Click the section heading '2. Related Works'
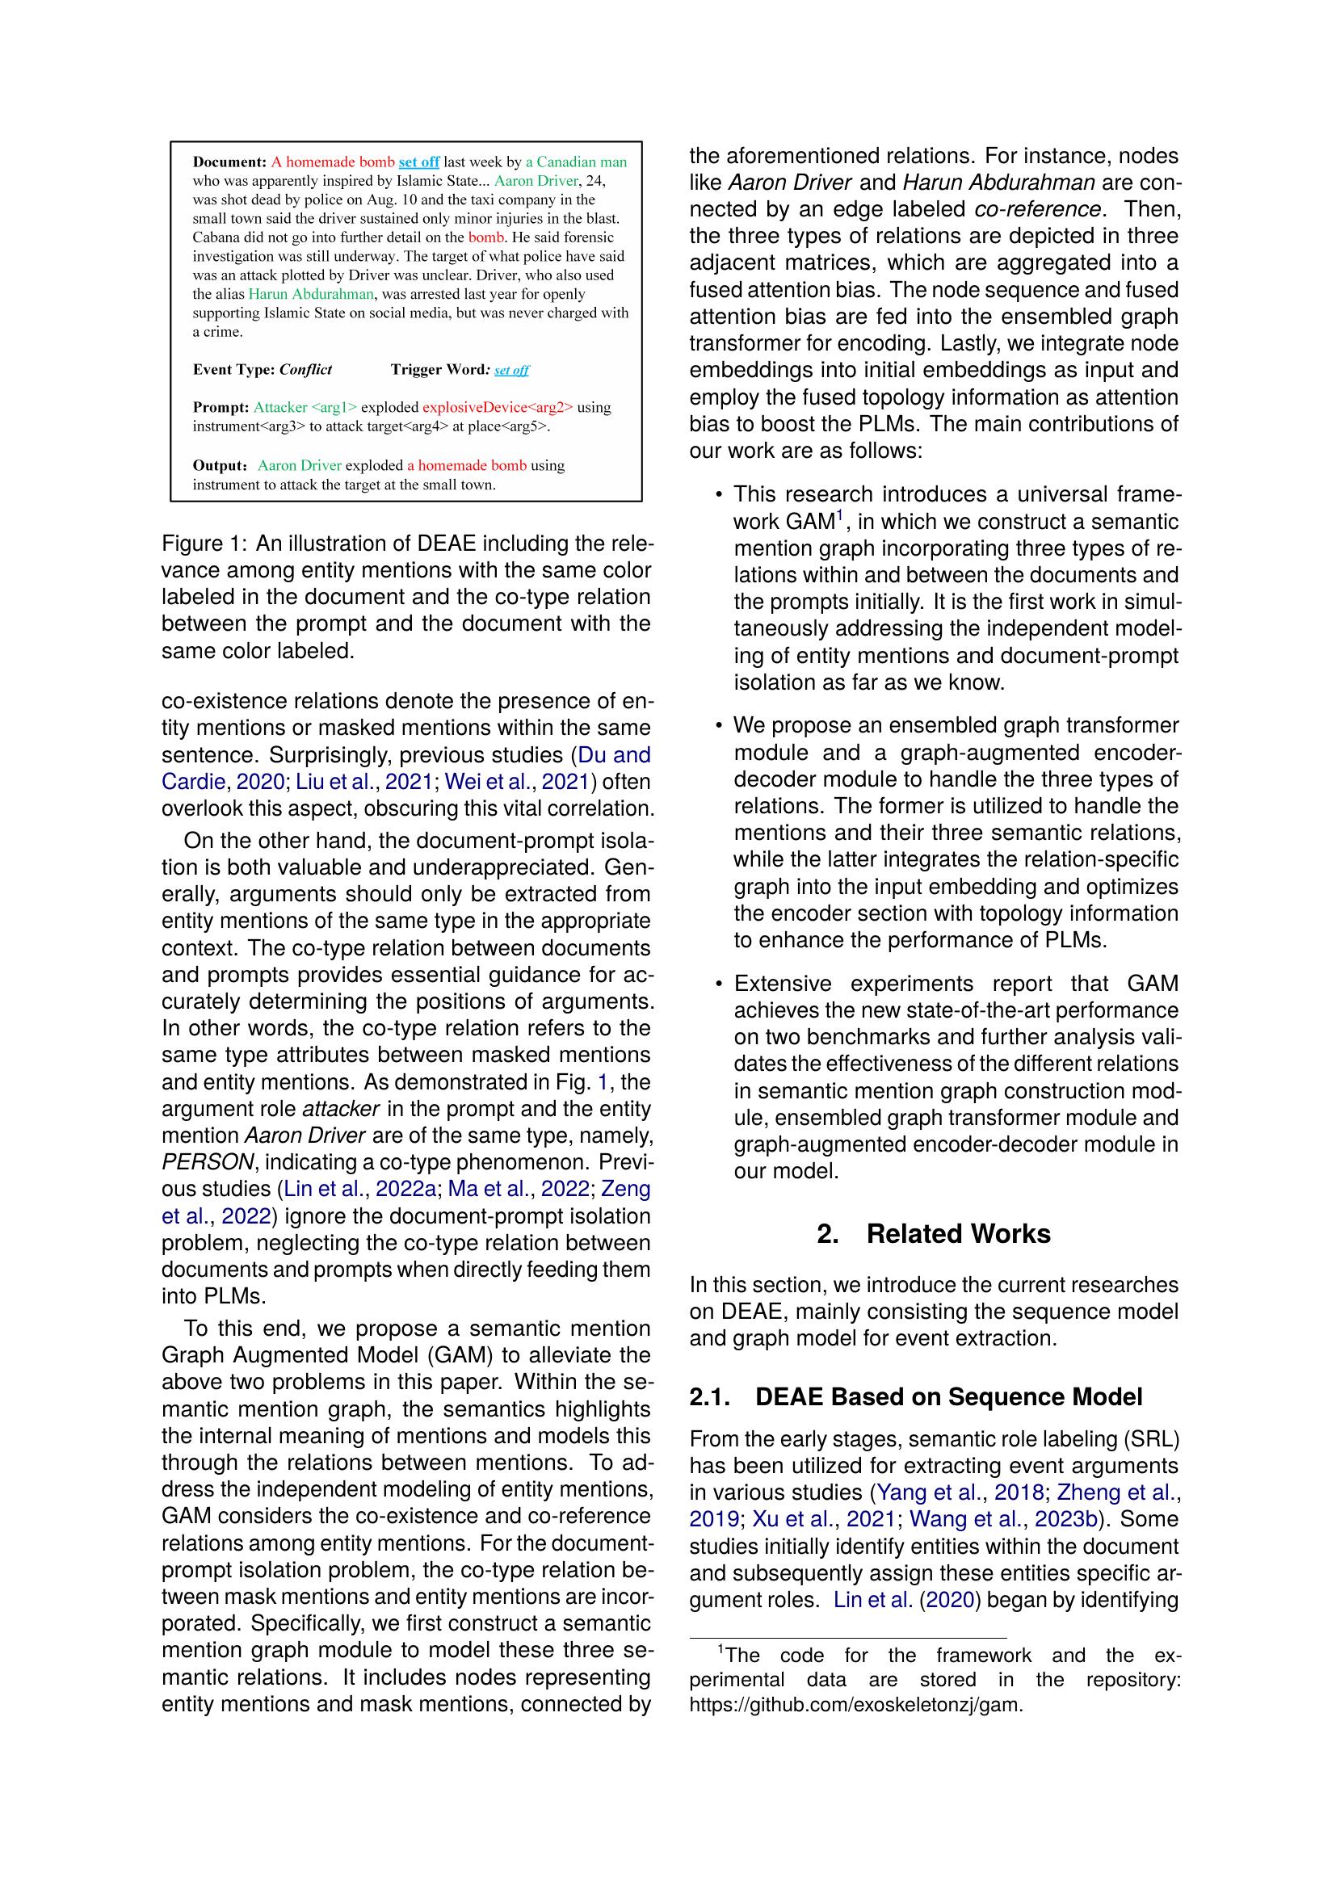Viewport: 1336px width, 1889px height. click(x=934, y=1234)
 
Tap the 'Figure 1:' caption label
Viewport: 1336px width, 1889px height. click(x=205, y=544)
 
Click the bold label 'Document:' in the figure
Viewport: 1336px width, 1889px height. click(x=229, y=162)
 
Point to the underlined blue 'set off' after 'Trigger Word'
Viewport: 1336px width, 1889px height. click(x=511, y=370)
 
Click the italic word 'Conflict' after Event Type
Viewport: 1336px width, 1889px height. click(x=305, y=369)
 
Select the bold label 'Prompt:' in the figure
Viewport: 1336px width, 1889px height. click(x=221, y=407)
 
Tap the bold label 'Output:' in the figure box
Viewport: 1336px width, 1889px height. click(x=220, y=466)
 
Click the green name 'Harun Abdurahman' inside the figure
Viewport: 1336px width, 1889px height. click(x=311, y=294)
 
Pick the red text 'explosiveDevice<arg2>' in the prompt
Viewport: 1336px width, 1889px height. click(x=497, y=407)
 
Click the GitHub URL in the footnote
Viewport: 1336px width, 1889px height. click(x=855, y=1706)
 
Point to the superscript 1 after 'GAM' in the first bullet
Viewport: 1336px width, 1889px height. click(x=841, y=516)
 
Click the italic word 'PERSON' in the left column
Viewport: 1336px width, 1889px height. click(x=208, y=1161)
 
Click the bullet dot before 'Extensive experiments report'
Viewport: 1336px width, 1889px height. click(x=718, y=984)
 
